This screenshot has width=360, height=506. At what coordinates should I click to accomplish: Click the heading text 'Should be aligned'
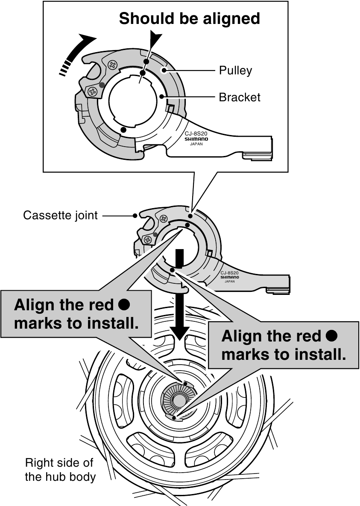(x=189, y=18)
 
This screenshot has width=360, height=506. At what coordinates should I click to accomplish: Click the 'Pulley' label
(x=235, y=70)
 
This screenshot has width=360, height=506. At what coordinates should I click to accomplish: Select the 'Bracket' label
(x=239, y=97)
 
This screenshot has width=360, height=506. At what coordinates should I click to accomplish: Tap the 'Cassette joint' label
(x=60, y=215)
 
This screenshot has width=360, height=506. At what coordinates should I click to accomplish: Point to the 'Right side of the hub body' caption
(x=60, y=469)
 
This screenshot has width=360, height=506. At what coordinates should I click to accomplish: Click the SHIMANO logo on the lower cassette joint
(x=230, y=277)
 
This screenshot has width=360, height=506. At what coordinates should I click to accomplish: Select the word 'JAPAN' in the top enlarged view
(x=196, y=144)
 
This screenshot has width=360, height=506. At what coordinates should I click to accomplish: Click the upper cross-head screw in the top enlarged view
(x=113, y=65)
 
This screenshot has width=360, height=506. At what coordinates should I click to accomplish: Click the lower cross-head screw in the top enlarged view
(x=93, y=91)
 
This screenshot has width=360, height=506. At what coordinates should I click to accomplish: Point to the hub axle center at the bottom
(x=176, y=402)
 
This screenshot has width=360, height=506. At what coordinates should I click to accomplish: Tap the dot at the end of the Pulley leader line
(x=162, y=70)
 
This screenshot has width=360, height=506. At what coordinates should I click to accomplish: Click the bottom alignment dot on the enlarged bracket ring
(x=123, y=129)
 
